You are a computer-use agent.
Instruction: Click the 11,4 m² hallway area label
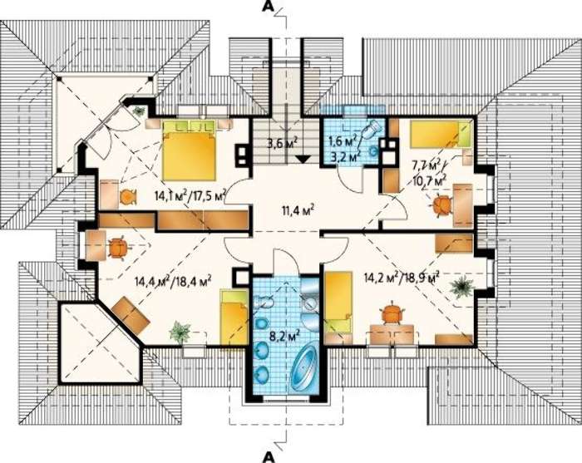[x=298, y=211]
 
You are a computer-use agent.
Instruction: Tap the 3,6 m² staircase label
[x=283, y=142]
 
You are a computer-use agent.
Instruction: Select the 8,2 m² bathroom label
[x=285, y=337]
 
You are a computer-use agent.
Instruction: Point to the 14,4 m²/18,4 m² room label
[x=173, y=281]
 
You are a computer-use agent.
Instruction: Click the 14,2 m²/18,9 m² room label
[x=402, y=278]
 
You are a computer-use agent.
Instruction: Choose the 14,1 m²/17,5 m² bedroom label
[x=190, y=195]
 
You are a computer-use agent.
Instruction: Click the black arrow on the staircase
[x=303, y=159]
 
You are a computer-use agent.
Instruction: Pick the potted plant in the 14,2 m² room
[x=461, y=287]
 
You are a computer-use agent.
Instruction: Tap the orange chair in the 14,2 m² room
[x=392, y=314]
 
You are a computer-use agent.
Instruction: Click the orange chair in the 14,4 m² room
[x=119, y=248]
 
